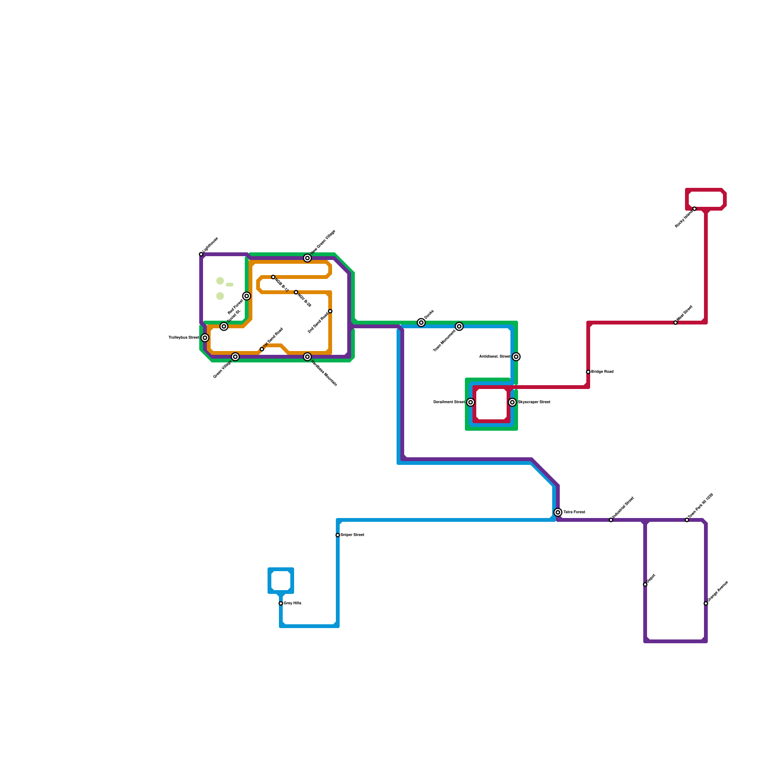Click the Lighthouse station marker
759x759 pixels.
point(201,254)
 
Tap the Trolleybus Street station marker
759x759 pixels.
point(205,338)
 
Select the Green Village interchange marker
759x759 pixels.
point(235,357)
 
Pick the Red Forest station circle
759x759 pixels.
point(247,296)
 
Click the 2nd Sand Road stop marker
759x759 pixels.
point(330,311)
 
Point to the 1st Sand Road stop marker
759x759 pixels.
point(262,349)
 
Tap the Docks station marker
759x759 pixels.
point(421,323)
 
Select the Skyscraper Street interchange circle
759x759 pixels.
point(512,402)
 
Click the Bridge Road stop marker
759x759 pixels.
point(588,372)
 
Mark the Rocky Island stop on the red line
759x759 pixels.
point(694,209)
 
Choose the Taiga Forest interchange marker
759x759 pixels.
point(558,512)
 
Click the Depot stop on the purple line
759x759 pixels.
point(645,584)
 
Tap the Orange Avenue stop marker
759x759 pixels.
point(706,603)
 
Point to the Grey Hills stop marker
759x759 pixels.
point(281,603)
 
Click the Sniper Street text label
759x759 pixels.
point(352,535)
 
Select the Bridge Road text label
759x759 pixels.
point(602,372)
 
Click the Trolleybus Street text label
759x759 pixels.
point(184,338)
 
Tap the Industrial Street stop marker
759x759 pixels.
point(611,520)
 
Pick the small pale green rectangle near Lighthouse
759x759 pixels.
point(230,285)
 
